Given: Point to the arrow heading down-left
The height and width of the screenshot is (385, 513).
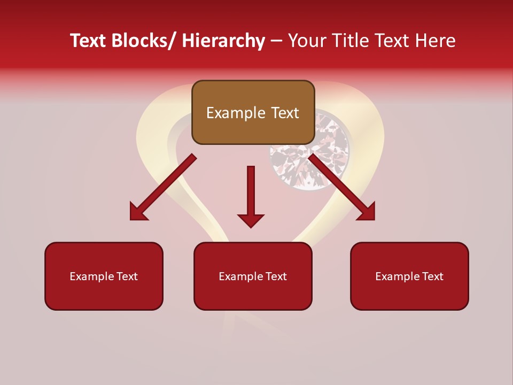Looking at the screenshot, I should pos(163,187).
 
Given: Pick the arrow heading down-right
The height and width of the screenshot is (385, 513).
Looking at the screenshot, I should pos(342,187).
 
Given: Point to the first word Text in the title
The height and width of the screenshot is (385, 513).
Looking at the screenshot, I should pos(89,41).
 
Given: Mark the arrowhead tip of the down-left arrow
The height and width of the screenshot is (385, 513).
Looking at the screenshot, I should pos(131,219).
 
